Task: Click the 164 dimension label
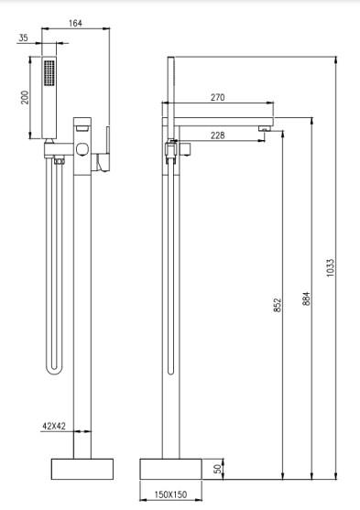click(75, 23)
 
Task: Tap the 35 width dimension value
click(23, 38)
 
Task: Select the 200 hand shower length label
click(25, 97)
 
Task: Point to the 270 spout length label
click(217, 97)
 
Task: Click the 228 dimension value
click(217, 135)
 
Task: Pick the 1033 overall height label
click(330, 267)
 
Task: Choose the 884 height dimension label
click(306, 298)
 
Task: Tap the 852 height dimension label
click(277, 305)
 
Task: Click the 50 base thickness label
click(218, 469)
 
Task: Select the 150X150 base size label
click(170, 494)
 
